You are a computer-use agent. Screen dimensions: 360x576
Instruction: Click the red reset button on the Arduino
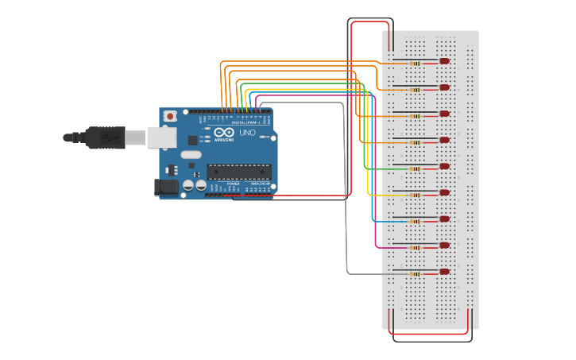(x=169, y=116)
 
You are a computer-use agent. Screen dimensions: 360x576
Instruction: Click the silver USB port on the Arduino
(x=162, y=137)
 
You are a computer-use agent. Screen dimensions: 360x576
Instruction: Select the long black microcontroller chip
(x=238, y=172)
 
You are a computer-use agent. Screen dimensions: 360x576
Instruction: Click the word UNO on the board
(x=247, y=134)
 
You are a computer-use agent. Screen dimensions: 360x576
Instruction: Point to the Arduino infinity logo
(x=223, y=133)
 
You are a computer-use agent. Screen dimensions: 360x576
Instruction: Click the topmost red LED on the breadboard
(x=444, y=61)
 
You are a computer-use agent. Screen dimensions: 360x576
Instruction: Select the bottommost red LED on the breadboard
(x=444, y=272)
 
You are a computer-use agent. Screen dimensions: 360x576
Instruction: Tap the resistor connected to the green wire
(x=415, y=168)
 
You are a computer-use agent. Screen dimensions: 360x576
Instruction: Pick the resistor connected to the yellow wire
(x=415, y=195)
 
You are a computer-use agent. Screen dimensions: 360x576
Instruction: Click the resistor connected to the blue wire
(x=415, y=221)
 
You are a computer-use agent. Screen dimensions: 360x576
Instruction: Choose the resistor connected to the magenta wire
(x=415, y=247)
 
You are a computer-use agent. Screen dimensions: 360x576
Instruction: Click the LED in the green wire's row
(x=444, y=167)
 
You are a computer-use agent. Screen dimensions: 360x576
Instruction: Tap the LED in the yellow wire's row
(x=444, y=193)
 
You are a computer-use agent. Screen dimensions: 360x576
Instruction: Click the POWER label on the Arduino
(x=233, y=184)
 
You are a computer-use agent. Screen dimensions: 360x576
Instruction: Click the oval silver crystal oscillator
(x=191, y=154)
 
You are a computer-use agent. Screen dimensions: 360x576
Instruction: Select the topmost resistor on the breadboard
(x=415, y=63)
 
